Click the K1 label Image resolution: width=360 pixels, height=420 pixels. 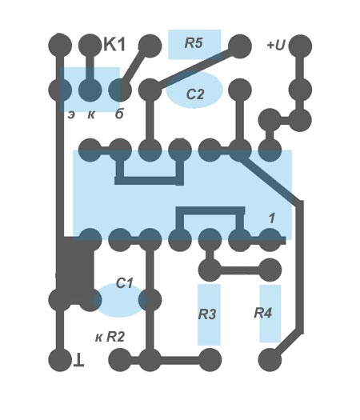point(114,45)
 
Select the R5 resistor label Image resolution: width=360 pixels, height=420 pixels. point(194,43)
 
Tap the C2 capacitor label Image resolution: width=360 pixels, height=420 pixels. point(195,94)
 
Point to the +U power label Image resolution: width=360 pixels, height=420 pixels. point(276,45)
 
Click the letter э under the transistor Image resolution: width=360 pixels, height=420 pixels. point(71,115)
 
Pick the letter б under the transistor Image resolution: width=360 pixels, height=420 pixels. point(119,114)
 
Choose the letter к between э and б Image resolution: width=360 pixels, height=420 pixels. point(91,115)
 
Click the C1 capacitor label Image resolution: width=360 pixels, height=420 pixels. point(125,283)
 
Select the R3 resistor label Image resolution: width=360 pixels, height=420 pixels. point(207,314)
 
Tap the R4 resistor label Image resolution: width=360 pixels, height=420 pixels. point(263,313)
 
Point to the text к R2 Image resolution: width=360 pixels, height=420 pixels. point(110,337)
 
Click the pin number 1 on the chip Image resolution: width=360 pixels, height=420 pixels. point(272,218)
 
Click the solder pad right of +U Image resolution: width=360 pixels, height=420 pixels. point(300,46)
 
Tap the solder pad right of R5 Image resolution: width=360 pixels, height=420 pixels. point(240,46)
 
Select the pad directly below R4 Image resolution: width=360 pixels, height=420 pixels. point(270,360)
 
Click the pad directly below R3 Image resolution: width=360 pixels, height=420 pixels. point(210,360)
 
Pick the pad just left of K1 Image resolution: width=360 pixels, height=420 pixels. point(90,46)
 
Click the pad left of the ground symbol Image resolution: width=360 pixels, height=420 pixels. point(60,360)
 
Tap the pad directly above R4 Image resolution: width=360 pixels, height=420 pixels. point(270,270)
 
